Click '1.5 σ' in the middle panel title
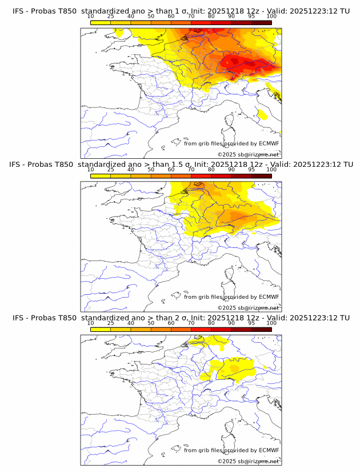coord(183,165)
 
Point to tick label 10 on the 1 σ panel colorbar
coord(90,16)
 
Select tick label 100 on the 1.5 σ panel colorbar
coord(271,169)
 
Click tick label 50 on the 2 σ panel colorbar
coord(151,323)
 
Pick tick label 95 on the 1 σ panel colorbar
coord(251,16)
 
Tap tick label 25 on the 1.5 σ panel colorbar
coord(110,169)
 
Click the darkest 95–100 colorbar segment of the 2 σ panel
coord(261,329)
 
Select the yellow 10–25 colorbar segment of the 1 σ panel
coord(101,22)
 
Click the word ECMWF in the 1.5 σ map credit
coord(269,296)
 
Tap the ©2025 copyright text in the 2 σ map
coord(227,461)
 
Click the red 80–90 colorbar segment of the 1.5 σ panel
coord(221,176)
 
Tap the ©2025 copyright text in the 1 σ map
coord(227,154)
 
